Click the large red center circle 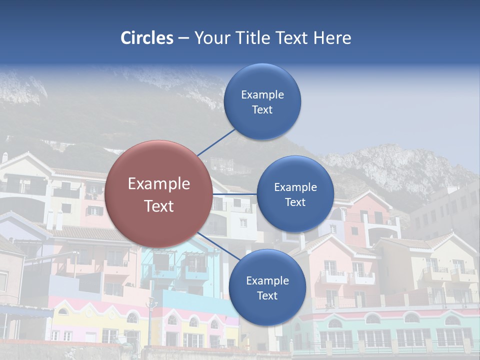[159, 194]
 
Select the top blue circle [262, 101]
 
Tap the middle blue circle [295, 194]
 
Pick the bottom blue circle [267, 287]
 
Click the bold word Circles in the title [147, 38]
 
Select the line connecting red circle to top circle [216, 141]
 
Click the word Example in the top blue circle [262, 94]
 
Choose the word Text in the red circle [159, 206]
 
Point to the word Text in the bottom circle [267, 295]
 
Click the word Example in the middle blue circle [295, 187]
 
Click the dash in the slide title [183, 38]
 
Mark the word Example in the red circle [159, 183]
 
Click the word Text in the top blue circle [262, 109]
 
